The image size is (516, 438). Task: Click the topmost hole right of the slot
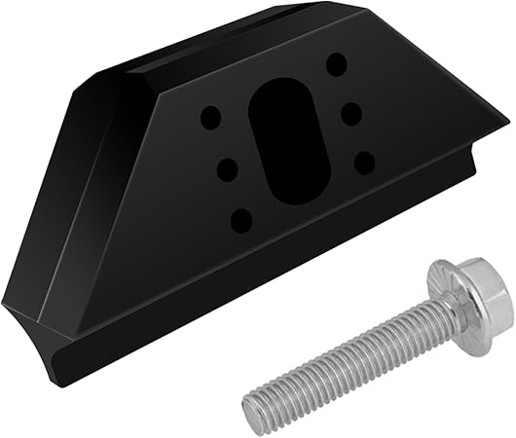[337, 66]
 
